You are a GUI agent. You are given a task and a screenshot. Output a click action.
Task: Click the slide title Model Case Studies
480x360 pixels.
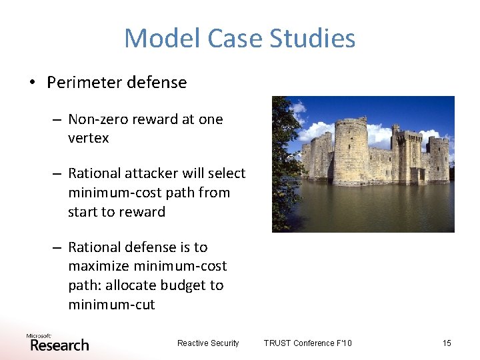pyautogui.click(x=239, y=38)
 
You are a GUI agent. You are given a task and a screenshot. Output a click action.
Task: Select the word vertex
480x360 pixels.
pyautogui.click(x=88, y=139)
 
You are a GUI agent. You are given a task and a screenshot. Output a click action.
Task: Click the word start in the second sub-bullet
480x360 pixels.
pyautogui.click(x=83, y=212)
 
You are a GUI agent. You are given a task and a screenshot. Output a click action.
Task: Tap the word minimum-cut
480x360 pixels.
pyautogui.click(x=111, y=305)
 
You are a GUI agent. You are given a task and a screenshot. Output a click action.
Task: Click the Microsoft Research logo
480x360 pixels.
pyautogui.click(x=57, y=342)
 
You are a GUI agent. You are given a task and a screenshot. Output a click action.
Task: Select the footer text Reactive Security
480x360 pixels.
pyautogui.click(x=207, y=343)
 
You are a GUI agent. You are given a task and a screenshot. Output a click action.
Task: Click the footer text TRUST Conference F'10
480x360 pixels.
pyautogui.click(x=307, y=343)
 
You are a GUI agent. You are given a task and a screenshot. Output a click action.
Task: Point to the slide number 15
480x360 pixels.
pyautogui.click(x=447, y=343)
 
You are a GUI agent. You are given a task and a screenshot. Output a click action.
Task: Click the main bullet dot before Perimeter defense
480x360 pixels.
pyautogui.click(x=31, y=83)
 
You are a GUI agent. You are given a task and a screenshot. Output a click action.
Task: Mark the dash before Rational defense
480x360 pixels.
pyautogui.click(x=58, y=247)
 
